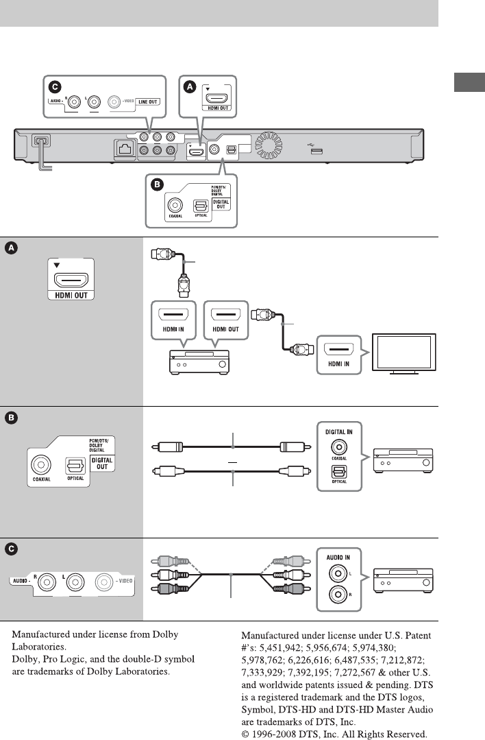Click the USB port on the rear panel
316,151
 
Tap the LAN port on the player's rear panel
125,149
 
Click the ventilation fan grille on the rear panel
268,145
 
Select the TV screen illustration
404,353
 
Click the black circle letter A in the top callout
190,87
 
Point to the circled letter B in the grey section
11,418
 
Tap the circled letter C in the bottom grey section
11,549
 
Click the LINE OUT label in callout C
147,102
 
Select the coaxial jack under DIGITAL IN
339,447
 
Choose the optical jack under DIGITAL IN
339,472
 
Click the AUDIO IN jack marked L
338,574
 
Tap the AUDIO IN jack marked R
338,594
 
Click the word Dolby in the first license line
165,635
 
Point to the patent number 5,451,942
280,648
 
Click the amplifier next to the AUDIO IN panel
403,580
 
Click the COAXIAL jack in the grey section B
41,465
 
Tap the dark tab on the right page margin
469,82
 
